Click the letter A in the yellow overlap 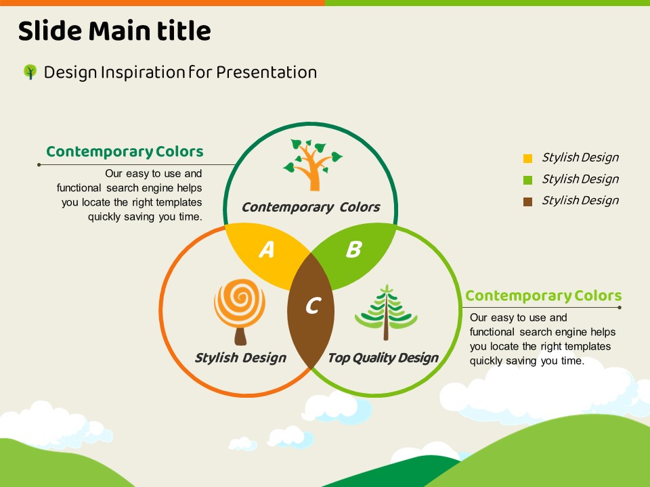point(267,250)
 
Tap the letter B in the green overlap point(353,250)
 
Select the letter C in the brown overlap point(313,306)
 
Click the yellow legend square point(527,158)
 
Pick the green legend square point(527,180)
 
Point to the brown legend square point(527,202)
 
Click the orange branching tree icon point(313,165)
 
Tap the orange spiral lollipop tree point(240,312)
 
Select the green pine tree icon point(386,312)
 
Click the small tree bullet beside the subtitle point(30,72)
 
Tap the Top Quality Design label point(383,358)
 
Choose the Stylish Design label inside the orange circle point(240,358)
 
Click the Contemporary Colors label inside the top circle point(311,207)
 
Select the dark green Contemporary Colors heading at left point(125,152)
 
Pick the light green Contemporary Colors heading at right point(544,296)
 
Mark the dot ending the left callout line point(39,165)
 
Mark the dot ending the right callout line point(620,308)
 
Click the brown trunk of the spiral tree point(240,336)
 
